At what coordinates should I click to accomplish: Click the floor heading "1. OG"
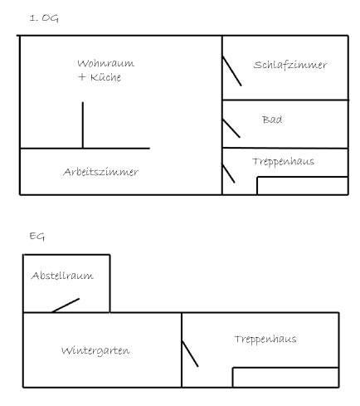pos(44,18)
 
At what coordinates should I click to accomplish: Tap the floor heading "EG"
pos(37,237)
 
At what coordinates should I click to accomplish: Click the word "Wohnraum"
pos(105,63)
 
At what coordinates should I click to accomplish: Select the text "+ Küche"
pos(100,77)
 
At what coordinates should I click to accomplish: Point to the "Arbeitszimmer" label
pos(100,172)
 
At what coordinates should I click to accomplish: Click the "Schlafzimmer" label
pos(290,65)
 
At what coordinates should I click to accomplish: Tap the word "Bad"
pos(272,120)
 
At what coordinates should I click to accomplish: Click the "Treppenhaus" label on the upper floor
pos(283,162)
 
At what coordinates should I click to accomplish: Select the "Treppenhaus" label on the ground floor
pos(265,340)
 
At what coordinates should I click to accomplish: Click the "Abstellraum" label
pos(62,276)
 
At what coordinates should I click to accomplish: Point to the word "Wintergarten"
pos(95,351)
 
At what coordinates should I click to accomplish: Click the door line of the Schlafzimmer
pos(231,71)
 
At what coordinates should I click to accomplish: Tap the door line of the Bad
pos(231,128)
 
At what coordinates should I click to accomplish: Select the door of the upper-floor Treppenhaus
pos(228,174)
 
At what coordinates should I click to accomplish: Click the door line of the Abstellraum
pos(66,306)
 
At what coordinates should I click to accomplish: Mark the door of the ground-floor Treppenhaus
pos(190,354)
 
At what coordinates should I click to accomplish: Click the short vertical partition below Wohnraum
pos(83,125)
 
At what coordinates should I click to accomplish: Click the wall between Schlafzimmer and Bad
pos(285,100)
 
